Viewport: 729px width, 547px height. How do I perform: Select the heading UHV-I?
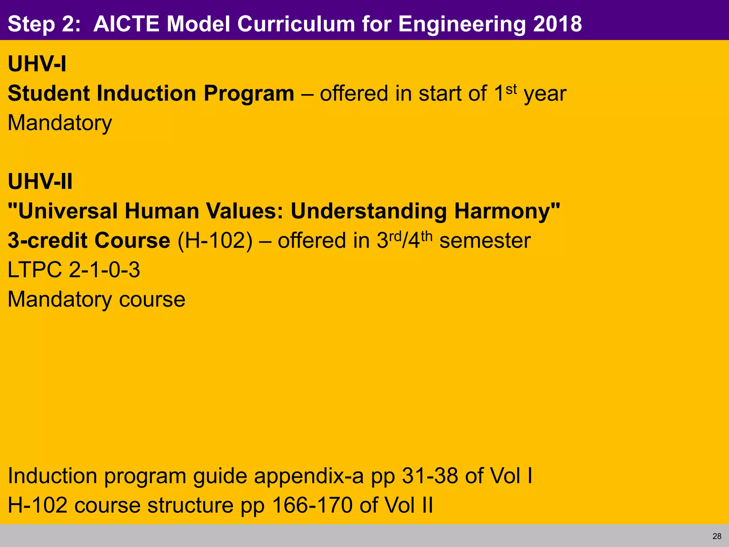click(37, 64)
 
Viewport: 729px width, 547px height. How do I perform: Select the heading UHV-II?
click(40, 182)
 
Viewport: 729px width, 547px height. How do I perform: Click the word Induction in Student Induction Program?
click(146, 94)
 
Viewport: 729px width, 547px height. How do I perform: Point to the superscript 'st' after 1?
click(511, 89)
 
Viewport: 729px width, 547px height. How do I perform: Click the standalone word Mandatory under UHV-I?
click(60, 123)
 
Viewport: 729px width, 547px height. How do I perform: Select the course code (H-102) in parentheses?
click(215, 241)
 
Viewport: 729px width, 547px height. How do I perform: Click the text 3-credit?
click(48, 241)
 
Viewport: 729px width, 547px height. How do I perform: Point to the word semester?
click(485, 241)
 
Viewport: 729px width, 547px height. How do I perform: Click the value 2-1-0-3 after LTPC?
click(104, 270)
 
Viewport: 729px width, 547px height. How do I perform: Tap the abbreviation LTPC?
click(35, 270)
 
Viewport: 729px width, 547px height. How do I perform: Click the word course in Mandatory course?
click(152, 299)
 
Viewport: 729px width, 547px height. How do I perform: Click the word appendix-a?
click(309, 476)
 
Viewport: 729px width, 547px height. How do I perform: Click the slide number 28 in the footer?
click(717, 536)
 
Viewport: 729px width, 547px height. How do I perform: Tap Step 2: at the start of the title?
click(44, 24)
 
